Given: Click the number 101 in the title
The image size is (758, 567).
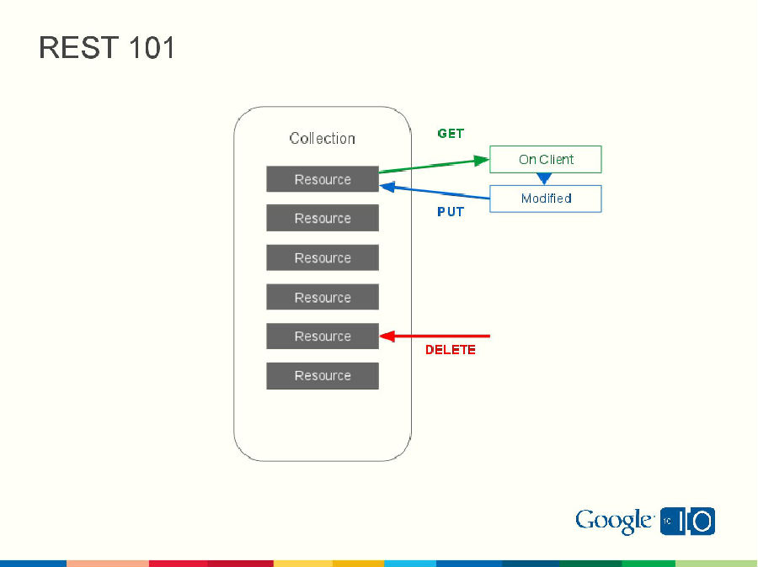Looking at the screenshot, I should [152, 48].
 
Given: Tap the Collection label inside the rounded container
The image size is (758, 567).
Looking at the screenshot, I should [322, 139].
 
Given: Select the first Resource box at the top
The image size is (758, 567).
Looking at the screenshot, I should [323, 179].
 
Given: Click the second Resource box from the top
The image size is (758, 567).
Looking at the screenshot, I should [323, 219].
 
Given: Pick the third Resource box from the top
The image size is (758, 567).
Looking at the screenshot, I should [323, 258].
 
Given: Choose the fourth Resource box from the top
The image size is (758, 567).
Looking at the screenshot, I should [323, 297].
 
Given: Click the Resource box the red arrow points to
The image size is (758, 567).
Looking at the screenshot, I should [323, 336].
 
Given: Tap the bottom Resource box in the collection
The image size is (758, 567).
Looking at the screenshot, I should [323, 376].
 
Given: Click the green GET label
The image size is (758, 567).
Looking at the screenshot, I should [451, 134].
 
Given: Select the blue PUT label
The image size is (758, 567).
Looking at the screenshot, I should [451, 212].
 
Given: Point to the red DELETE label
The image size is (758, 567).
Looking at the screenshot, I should [450, 350].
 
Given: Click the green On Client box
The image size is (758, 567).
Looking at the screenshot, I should [546, 160].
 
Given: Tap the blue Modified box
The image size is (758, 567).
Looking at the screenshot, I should [546, 199].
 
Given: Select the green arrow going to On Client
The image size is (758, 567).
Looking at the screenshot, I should [435, 165].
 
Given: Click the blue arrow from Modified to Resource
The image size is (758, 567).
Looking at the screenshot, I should [435, 193].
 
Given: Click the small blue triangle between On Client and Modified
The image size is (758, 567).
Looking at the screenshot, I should [544, 178].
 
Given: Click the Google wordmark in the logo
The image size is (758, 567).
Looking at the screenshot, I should [614, 522].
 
